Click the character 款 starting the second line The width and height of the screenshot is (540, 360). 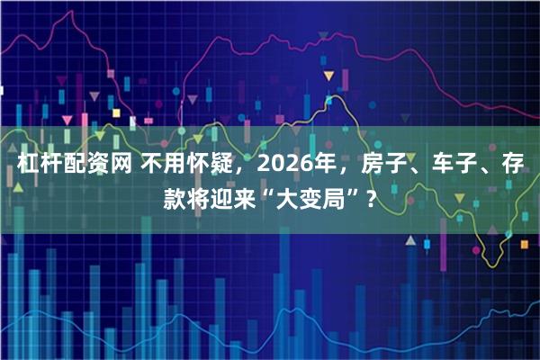coord(175,196)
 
